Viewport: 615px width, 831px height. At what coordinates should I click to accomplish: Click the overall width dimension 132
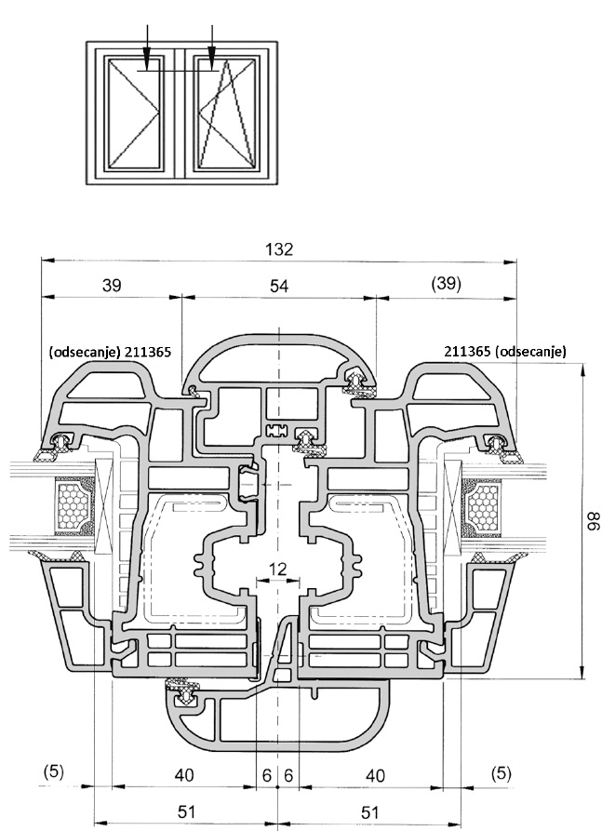[x=279, y=249]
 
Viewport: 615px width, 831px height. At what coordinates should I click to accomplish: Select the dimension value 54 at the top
[x=279, y=287]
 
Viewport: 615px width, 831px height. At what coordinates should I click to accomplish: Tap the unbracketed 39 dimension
[x=111, y=287]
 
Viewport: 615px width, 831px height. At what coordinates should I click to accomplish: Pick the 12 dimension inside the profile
[x=277, y=568]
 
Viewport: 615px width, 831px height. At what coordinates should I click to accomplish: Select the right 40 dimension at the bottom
[x=375, y=774]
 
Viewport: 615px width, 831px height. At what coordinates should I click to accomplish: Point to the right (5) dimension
[x=501, y=772]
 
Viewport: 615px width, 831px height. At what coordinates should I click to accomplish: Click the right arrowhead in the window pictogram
[x=213, y=64]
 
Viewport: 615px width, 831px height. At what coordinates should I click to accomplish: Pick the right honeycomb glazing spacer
[x=485, y=509]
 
